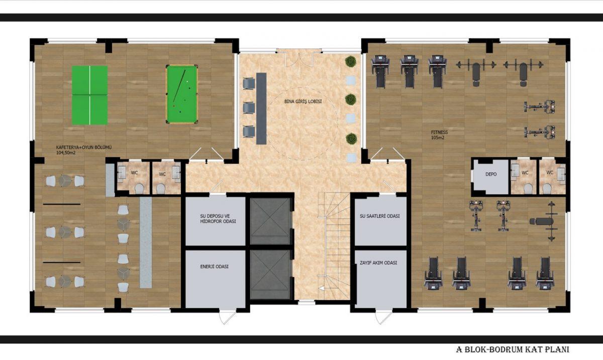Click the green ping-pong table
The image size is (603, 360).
(x=89, y=95)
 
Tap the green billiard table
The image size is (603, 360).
(x=182, y=94)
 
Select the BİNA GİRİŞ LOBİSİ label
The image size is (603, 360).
(x=303, y=102)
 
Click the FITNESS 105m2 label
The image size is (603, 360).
(x=439, y=135)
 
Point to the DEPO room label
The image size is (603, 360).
(x=491, y=174)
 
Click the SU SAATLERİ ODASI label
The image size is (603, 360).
(x=379, y=216)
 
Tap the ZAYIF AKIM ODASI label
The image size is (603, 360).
(x=378, y=263)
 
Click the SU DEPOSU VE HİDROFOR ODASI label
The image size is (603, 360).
(x=218, y=219)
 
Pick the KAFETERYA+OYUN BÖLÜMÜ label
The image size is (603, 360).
(x=84, y=150)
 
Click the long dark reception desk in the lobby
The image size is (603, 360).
(x=261, y=108)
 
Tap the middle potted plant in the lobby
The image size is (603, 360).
(x=351, y=99)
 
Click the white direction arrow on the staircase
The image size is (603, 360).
(x=322, y=288)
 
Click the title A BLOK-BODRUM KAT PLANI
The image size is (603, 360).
(x=513, y=349)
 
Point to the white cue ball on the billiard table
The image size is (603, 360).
(x=187, y=81)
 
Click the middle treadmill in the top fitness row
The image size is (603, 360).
(x=409, y=72)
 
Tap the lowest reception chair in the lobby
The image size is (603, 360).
(x=249, y=132)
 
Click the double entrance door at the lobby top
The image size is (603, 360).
(x=299, y=57)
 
